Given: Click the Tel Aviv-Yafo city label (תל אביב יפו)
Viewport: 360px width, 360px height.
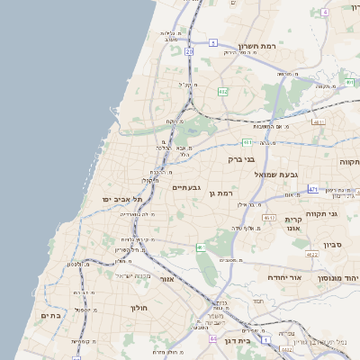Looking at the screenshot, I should pos(123,199).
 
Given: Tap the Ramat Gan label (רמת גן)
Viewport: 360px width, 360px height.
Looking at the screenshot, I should pos(220,193).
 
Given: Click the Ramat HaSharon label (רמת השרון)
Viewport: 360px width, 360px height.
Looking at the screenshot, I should pos(261,45).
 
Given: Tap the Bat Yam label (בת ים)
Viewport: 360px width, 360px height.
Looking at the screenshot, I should pos(49,316).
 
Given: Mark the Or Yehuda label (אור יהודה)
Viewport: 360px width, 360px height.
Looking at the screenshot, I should pos(287,278).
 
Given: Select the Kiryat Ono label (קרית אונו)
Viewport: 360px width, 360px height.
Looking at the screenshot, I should pos(292,225).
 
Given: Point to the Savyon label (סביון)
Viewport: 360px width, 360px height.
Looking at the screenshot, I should pos(332,244).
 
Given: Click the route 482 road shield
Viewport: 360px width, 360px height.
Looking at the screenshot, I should pos(222,91).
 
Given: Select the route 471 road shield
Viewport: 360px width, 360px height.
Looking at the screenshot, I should pos(312,189).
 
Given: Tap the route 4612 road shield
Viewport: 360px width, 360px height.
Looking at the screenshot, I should pos(268,218).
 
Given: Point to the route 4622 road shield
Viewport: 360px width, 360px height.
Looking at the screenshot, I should pos(311,256).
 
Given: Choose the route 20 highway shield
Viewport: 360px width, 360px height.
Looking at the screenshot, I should pos(189,51).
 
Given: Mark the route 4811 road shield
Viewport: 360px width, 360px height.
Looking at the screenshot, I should pos(319,121).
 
